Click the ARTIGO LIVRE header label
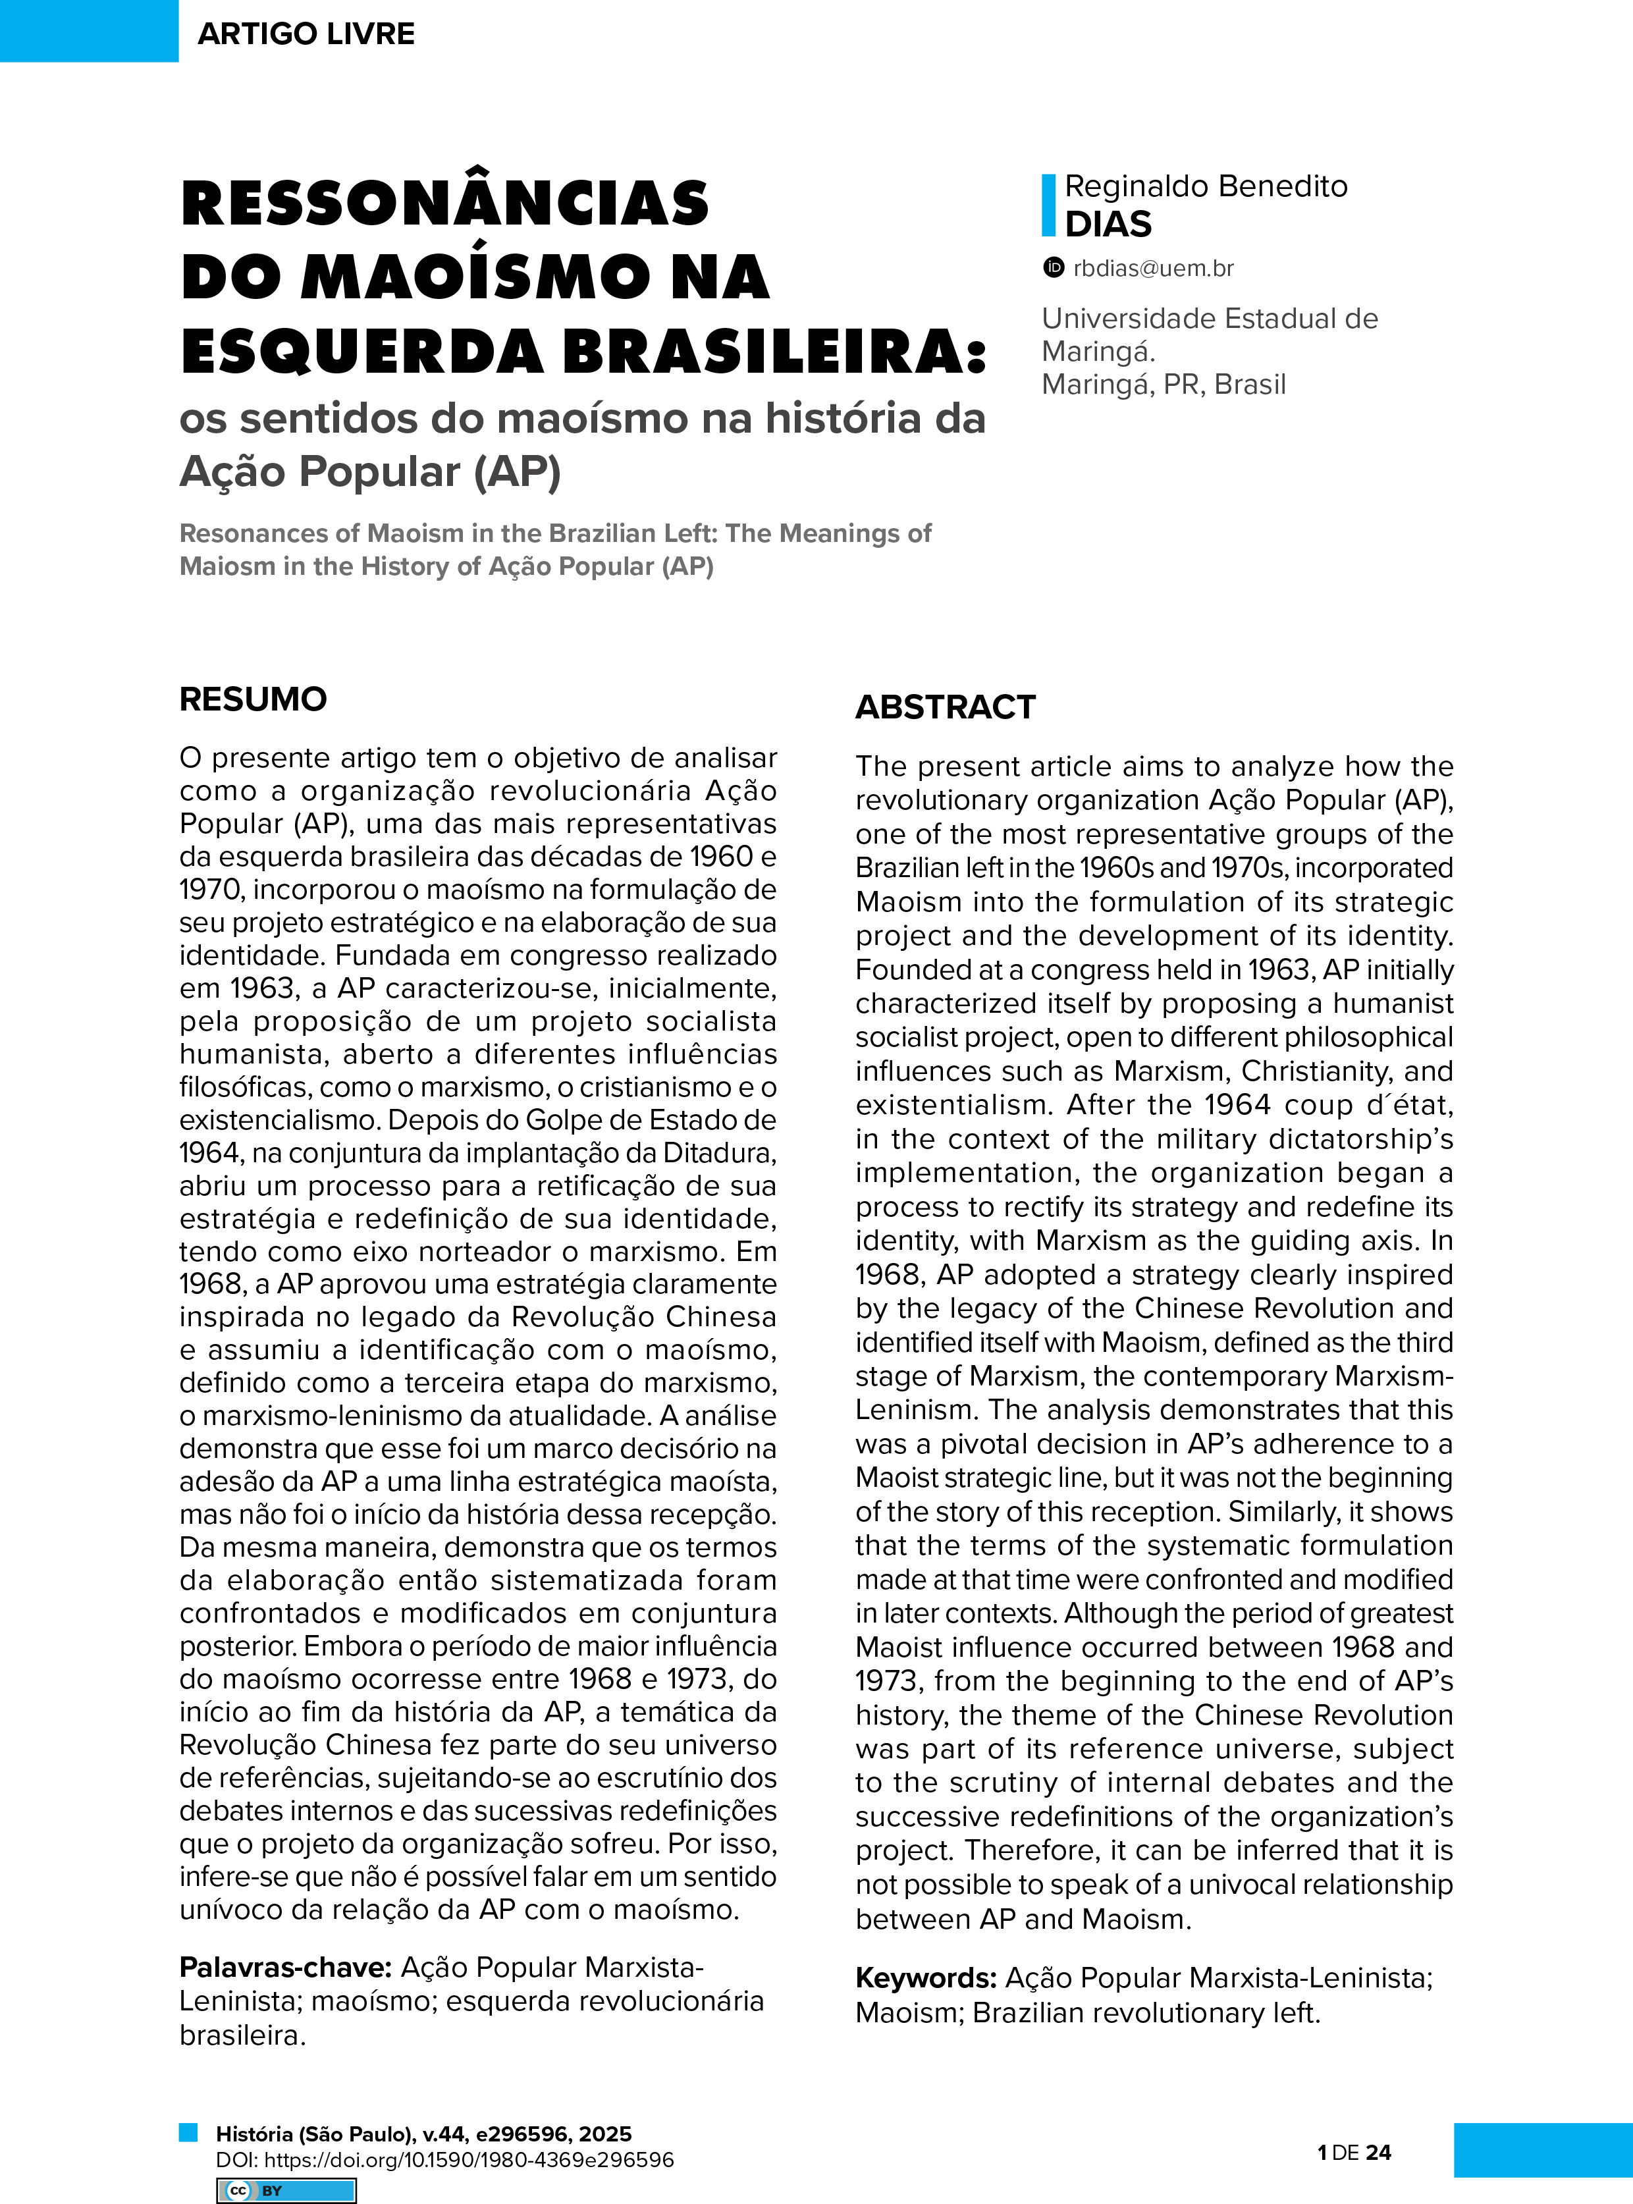point(306,34)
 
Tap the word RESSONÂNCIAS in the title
point(445,203)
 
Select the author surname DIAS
point(1108,225)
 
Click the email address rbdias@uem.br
point(1154,268)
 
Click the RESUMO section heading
point(253,699)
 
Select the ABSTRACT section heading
point(945,707)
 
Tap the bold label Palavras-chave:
point(286,1967)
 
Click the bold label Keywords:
point(925,1977)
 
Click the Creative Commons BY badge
point(286,2190)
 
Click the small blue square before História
point(188,2132)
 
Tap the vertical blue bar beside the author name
point(1048,205)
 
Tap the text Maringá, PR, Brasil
point(1164,385)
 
